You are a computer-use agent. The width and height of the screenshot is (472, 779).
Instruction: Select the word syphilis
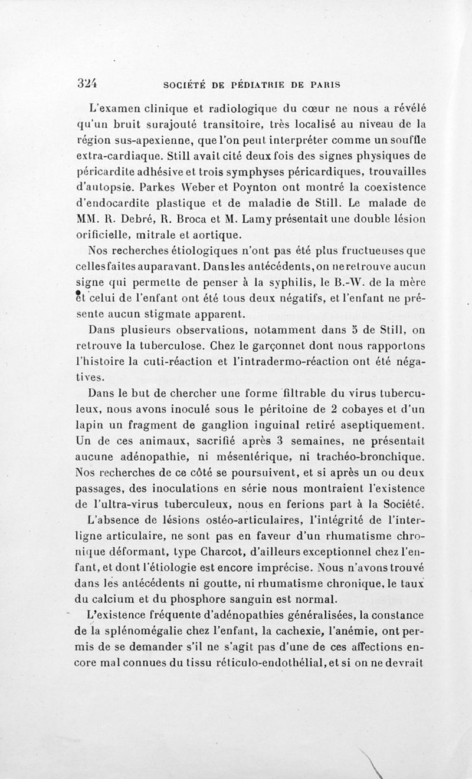coord(306,274)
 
